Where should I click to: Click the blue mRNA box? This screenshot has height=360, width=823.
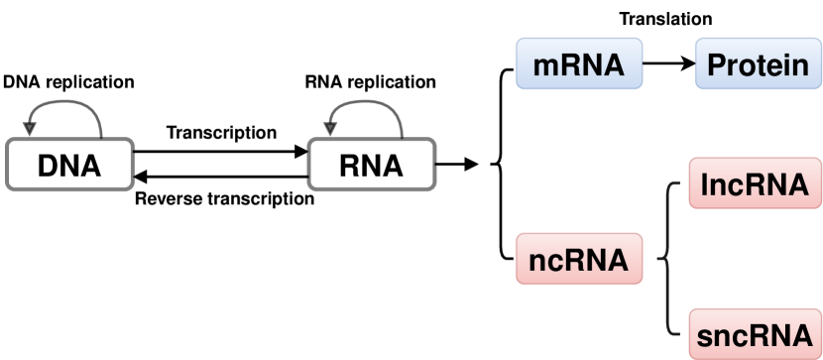coord(579,64)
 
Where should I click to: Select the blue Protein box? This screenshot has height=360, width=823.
coord(759,64)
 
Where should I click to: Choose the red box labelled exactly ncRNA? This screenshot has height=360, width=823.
coord(579,259)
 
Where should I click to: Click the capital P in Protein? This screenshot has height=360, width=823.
coord(716,65)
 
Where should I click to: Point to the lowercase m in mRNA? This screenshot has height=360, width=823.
coord(545,67)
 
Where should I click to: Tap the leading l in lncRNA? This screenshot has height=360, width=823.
coord(704,184)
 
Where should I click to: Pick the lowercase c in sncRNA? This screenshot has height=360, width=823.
coord(737,335)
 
